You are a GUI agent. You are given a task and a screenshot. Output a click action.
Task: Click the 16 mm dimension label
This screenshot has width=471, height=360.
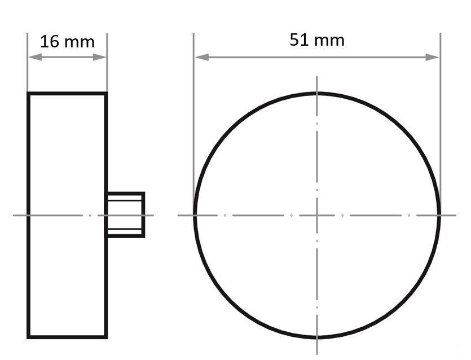click(67, 42)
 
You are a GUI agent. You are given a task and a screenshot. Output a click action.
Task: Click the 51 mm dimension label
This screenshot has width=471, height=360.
click(316, 40)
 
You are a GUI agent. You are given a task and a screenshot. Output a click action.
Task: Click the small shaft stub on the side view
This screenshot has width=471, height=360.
click(125, 214)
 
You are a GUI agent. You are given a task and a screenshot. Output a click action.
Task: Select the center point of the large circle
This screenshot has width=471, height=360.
click(317, 215)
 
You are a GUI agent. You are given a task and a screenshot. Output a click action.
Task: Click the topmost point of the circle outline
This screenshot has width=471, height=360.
click(317, 93)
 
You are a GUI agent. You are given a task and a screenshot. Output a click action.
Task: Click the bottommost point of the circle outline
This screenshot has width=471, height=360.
click(317, 337)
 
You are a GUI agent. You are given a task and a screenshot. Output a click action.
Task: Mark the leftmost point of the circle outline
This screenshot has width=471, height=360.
click(195, 215)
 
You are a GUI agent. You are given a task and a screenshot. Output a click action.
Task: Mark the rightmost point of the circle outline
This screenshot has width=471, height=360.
click(439, 215)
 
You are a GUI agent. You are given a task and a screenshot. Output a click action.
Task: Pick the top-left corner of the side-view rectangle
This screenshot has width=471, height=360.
click(28, 94)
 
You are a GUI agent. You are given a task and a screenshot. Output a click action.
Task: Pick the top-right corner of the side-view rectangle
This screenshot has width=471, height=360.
click(106, 94)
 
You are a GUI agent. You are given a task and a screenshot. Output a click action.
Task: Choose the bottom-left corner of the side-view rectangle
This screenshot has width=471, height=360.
click(28, 337)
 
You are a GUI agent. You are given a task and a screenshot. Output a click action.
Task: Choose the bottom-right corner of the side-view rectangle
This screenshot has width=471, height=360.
click(106, 337)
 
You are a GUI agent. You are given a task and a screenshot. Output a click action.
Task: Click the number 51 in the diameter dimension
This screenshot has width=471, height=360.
click(300, 40)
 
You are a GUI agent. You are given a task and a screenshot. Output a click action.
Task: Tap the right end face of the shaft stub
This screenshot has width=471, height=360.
click(144, 214)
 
